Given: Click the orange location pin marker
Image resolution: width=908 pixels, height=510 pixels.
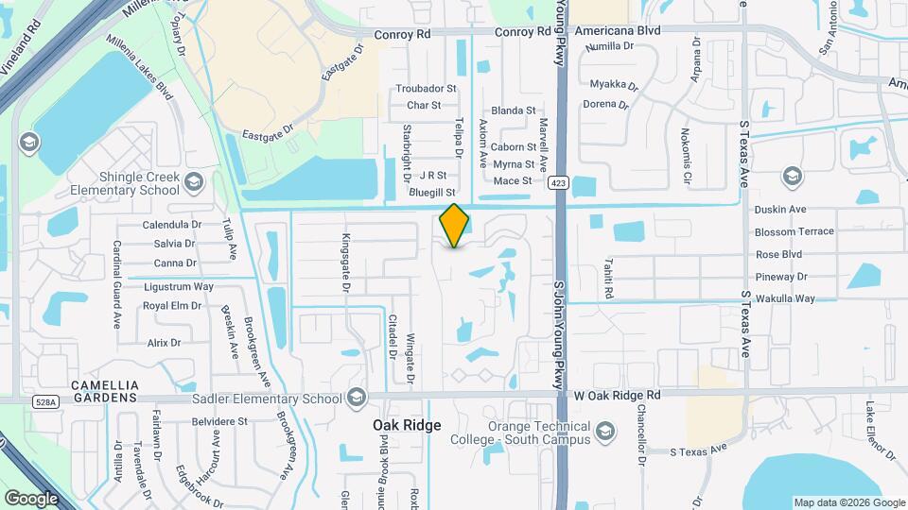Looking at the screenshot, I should point(455,225).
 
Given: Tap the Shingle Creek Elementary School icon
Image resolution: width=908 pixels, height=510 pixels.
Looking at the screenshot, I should point(194,181).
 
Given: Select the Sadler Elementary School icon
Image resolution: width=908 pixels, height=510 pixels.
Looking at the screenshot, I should point(357,398).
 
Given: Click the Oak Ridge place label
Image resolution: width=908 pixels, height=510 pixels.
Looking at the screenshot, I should point(407,426).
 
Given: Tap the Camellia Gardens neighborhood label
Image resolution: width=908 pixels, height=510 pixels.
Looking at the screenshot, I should point(106,393).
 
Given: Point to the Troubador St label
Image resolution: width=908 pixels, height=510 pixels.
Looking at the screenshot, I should point(426,89).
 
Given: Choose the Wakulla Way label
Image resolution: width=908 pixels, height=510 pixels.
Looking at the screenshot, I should point(784,298).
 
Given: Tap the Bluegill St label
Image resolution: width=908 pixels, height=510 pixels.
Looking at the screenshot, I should point(433,193).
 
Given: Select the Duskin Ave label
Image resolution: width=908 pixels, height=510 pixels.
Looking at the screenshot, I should point(779,209).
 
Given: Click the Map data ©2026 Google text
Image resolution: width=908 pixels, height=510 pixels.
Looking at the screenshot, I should point(847,502).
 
